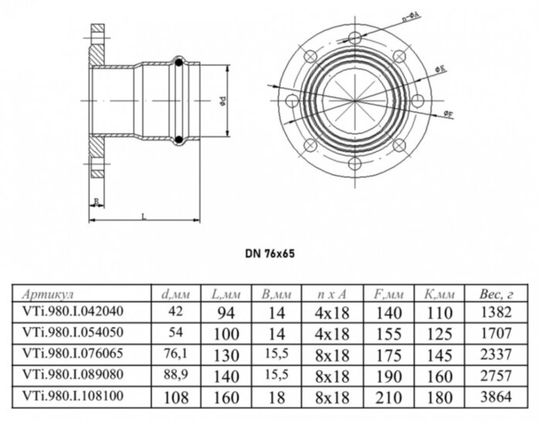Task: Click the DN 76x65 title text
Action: [269, 252]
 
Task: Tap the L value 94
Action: [223, 312]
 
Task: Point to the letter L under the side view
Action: [144, 216]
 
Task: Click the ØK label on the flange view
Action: [438, 69]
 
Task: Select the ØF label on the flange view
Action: [449, 114]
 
